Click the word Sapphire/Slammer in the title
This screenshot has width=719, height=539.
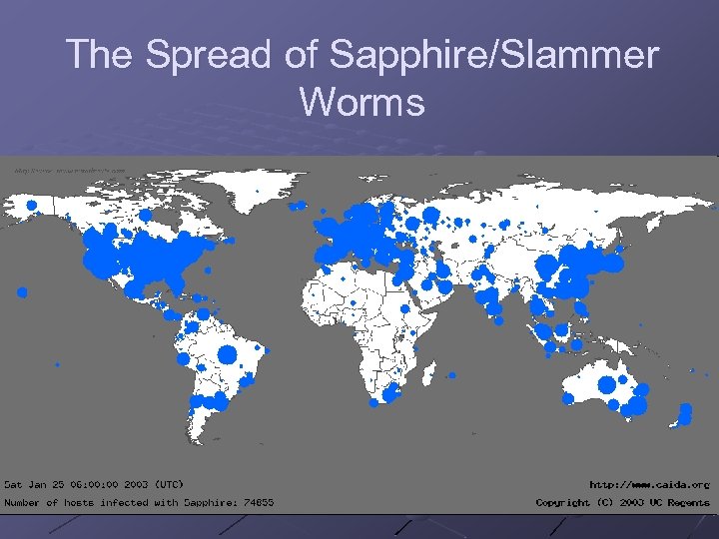pyautogui.click(x=494, y=55)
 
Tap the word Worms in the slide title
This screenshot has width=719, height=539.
pyautogui.click(x=361, y=101)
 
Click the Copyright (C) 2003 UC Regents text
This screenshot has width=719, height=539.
pyautogui.click(x=622, y=502)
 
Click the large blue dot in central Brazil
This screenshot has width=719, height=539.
pyautogui.click(x=226, y=354)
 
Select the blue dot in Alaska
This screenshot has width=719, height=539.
pyautogui.click(x=32, y=206)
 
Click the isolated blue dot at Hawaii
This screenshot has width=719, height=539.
pyautogui.click(x=22, y=292)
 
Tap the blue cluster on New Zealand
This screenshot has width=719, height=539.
pyautogui.click(x=684, y=413)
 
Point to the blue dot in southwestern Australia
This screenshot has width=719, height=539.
pyautogui.click(x=568, y=398)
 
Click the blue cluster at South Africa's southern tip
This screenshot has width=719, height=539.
pyautogui.click(x=374, y=402)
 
